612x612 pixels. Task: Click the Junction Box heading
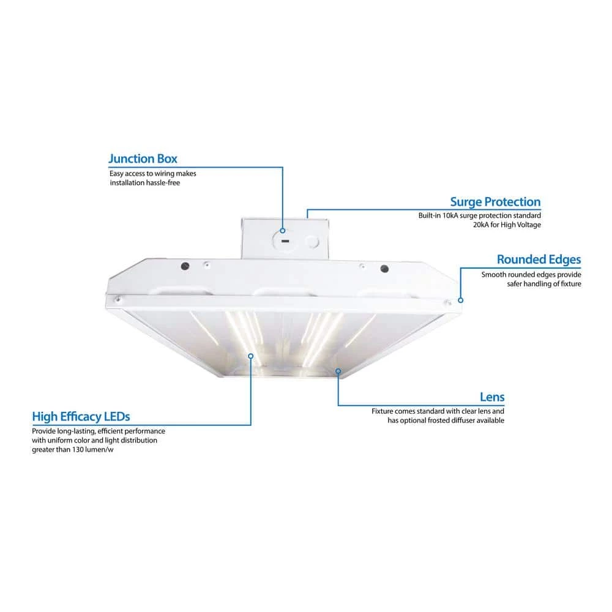pos(143,159)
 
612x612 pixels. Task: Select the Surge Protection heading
pos(495,202)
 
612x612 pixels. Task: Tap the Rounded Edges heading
pos(539,259)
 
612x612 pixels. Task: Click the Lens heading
pos(492,397)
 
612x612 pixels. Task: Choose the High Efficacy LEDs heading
pos(81,417)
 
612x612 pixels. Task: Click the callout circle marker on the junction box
pos(283,231)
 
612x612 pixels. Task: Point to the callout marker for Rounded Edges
pos(461,300)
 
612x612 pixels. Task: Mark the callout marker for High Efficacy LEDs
pos(251,355)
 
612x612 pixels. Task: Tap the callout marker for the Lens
pos(338,370)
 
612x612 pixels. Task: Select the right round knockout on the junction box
pos(314,242)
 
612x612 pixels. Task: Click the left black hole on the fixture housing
pos(184,266)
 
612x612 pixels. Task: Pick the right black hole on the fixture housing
pos(384,269)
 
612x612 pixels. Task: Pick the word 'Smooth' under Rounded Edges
pos(494,275)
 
